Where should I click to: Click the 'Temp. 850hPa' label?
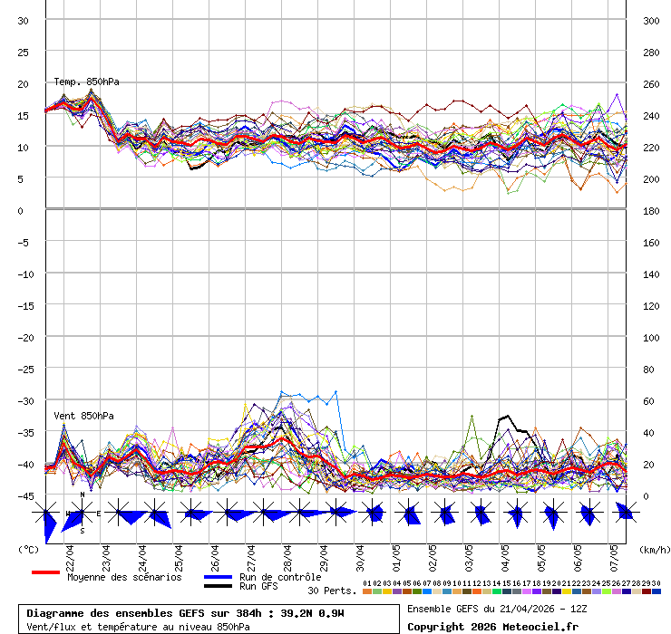[x=86, y=82]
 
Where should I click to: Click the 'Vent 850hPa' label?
[x=83, y=416]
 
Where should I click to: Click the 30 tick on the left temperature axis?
[x=24, y=20]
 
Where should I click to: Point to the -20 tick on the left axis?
[x=24, y=337]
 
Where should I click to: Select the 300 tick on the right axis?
[x=650, y=20]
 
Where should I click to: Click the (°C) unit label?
[x=28, y=549]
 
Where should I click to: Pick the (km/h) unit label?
[x=653, y=549]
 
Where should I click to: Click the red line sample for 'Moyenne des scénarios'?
[x=45, y=572]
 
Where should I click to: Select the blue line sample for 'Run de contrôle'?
[x=218, y=577]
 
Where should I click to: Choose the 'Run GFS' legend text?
[x=258, y=587]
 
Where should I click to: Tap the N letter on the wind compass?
[x=83, y=495]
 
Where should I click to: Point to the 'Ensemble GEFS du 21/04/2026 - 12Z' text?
[x=495, y=609]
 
